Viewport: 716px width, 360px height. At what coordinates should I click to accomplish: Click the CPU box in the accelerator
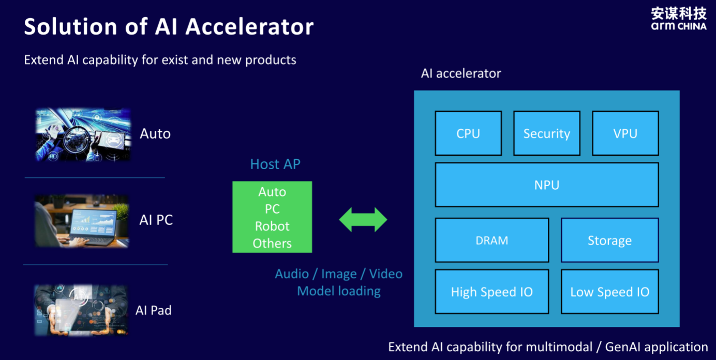pyautogui.click(x=468, y=133)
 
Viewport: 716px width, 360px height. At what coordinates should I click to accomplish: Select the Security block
pyautogui.click(x=547, y=133)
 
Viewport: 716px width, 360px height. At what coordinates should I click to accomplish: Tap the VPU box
pyautogui.click(x=625, y=133)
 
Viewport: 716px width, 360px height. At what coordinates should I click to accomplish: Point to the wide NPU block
pyautogui.click(x=547, y=185)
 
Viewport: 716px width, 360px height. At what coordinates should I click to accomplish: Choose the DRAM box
pyautogui.click(x=492, y=240)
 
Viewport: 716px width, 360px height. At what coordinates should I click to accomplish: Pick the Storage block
pyautogui.click(x=609, y=240)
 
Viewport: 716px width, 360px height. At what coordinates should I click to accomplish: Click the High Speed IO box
pyautogui.click(x=492, y=292)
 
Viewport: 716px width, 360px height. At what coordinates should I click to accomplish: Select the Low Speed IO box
pyautogui.click(x=609, y=292)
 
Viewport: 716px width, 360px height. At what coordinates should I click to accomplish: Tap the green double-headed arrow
pyautogui.click(x=363, y=220)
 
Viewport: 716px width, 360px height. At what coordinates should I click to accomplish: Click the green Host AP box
pyautogui.click(x=272, y=217)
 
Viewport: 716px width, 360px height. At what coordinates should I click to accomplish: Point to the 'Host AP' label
pyautogui.click(x=275, y=164)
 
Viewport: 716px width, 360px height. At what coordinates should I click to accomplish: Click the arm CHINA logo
pyautogui.click(x=679, y=19)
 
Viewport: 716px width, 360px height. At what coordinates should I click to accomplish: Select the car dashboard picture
pyautogui.click(x=83, y=134)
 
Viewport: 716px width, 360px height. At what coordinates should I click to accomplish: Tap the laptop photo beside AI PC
pyautogui.click(x=82, y=221)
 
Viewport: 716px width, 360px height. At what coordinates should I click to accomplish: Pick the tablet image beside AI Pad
pyautogui.click(x=81, y=310)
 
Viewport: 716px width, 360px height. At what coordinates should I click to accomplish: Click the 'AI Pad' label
pyautogui.click(x=154, y=310)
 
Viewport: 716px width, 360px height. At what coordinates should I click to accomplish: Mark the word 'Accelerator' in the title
pyautogui.click(x=250, y=26)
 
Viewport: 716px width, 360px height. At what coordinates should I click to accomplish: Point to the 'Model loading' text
pyautogui.click(x=339, y=291)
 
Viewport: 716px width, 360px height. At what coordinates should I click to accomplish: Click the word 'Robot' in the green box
pyautogui.click(x=272, y=226)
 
